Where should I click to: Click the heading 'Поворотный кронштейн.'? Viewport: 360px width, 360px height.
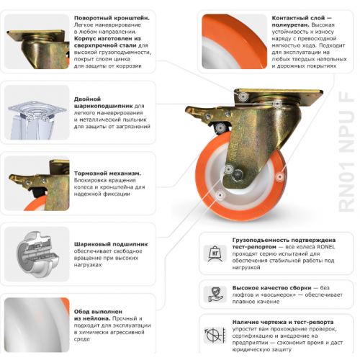pyautogui.click(x=112, y=18)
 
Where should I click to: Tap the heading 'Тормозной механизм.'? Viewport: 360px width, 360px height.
pyautogui.click(x=107, y=174)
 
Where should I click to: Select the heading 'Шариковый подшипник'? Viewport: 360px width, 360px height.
pyautogui.click(x=111, y=244)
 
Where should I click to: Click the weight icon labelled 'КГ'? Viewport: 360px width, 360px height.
pyautogui.click(x=215, y=253)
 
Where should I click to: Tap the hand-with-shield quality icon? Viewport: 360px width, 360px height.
pyautogui.click(x=215, y=294)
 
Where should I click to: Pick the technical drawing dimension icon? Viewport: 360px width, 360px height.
pyautogui.click(x=215, y=335)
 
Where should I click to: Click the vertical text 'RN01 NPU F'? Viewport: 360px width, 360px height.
pyautogui.click(x=346, y=152)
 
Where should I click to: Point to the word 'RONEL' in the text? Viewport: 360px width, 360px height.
pyautogui.click(x=325, y=247)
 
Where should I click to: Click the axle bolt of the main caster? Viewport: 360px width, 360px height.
pyautogui.click(x=238, y=174)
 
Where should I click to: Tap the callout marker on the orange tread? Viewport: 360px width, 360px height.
pyautogui.click(x=280, y=177)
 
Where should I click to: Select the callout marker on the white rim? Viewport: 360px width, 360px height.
pyautogui.click(x=220, y=194)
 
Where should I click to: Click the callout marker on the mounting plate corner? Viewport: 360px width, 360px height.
pyautogui.click(x=243, y=96)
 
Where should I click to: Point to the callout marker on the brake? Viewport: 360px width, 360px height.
pyautogui.click(x=220, y=127)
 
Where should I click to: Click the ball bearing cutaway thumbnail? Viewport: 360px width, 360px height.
pyautogui.click(x=37, y=254)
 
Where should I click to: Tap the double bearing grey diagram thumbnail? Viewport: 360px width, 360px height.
pyautogui.click(x=37, y=112)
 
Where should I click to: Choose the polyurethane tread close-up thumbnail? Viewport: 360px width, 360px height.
pyautogui.click(x=235, y=42)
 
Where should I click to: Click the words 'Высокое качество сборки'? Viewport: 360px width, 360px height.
pyautogui.click(x=271, y=288)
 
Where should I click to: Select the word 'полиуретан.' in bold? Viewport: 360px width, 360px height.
pyautogui.click(x=291, y=25)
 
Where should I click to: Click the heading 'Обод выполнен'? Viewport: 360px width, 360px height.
pyautogui.click(x=98, y=312)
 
